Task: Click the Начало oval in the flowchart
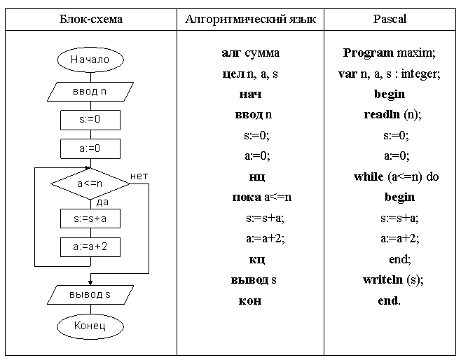90,60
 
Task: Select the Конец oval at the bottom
90,326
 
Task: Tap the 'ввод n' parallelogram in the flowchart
90,90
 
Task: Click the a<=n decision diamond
90,184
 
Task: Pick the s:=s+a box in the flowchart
90,219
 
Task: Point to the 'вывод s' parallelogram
90,294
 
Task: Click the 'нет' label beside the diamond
139,175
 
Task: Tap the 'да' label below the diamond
102,202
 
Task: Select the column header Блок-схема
90,20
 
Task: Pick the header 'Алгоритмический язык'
250,20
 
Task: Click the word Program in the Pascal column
368,53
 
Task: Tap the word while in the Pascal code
369,176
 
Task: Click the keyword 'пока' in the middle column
245,198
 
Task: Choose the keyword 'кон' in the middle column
250,300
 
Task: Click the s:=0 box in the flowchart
90,120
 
